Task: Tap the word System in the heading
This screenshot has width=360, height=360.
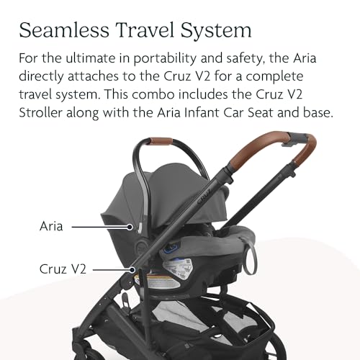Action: tap(216, 30)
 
